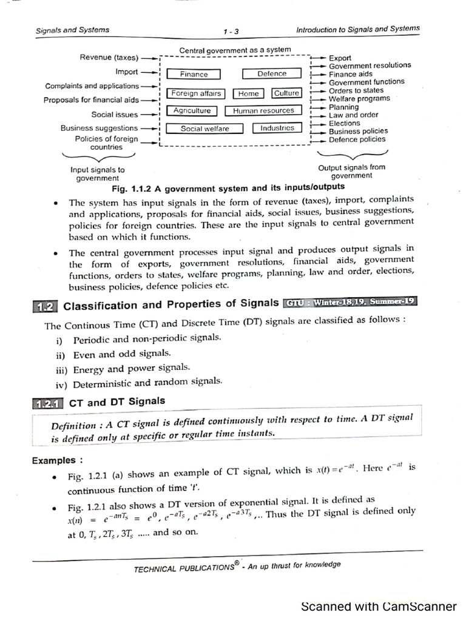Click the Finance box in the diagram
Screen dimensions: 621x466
click(194, 75)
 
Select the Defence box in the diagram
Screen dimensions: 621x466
click(271, 73)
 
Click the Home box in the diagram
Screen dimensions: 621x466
click(248, 93)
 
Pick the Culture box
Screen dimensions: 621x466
click(286, 93)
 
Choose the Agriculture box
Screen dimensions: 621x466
click(192, 111)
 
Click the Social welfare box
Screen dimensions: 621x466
click(204, 129)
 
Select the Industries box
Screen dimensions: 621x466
click(277, 128)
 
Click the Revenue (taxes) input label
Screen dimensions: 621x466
click(109, 58)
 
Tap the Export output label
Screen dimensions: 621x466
click(340, 58)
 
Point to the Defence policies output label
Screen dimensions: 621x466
click(357, 139)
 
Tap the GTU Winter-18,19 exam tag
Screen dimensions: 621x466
click(350, 302)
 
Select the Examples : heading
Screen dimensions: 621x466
click(57, 460)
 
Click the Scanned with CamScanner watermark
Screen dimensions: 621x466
click(379, 606)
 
